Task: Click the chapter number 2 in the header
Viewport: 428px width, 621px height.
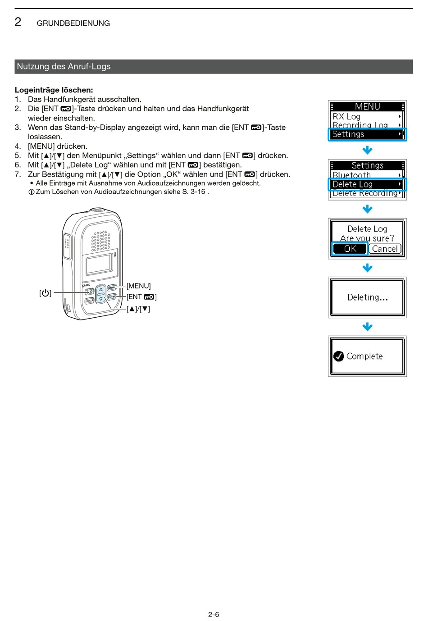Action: click(x=18, y=22)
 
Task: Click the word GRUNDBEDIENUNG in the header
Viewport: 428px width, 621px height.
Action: click(x=73, y=23)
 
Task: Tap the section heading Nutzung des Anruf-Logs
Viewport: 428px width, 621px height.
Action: click(x=64, y=67)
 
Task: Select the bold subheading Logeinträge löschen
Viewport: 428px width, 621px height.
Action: click(x=54, y=90)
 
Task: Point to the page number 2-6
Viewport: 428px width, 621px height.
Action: click(x=214, y=614)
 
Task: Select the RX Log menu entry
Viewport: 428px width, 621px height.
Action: click(x=346, y=116)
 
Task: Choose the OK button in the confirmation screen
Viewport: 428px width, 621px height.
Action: click(x=350, y=249)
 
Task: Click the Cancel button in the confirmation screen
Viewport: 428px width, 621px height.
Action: click(x=385, y=249)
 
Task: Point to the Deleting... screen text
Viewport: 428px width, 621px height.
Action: click(x=367, y=297)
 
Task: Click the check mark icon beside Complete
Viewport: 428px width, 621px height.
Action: click(x=339, y=356)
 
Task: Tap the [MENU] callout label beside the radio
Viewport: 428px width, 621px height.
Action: click(x=139, y=286)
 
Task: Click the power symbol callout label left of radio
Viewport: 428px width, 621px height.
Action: click(x=45, y=293)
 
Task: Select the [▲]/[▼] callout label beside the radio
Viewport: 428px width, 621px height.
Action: click(x=138, y=309)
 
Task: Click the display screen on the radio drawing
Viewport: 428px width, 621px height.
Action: click(x=99, y=264)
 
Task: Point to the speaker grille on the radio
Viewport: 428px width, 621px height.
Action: click(x=100, y=241)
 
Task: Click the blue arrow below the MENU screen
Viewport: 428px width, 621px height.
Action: click(x=368, y=150)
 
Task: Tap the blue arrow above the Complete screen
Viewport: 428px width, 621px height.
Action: click(x=368, y=327)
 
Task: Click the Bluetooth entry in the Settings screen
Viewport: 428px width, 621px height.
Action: click(x=352, y=175)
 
